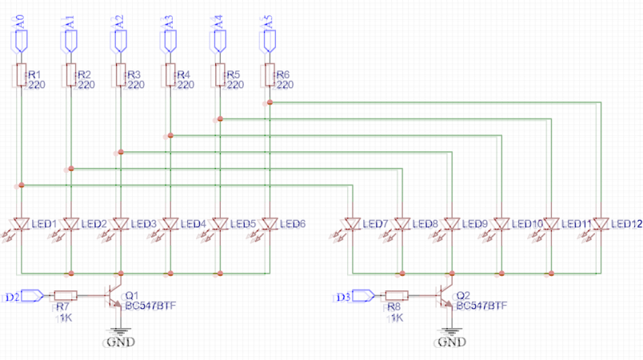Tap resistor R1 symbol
coord(21,76)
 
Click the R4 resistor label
coord(184,74)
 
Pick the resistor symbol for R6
coord(270,76)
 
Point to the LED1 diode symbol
coord(22,223)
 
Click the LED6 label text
coord(292,223)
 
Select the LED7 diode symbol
coord(351,223)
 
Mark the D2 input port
coord(31,296)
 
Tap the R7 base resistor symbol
coord(66,296)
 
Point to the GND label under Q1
coord(120,342)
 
